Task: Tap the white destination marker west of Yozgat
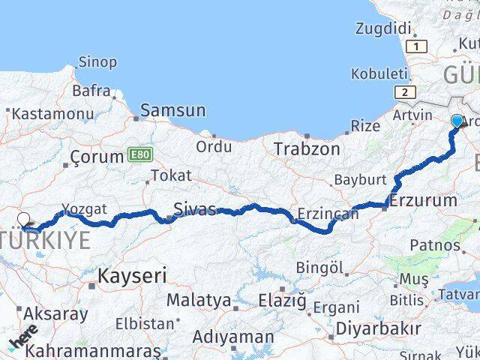[x=24, y=220]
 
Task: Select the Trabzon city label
[x=307, y=148]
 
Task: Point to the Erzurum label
[x=422, y=200]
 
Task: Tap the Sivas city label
[x=194, y=208]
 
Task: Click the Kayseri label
[x=132, y=275]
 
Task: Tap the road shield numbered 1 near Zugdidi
[x=418, y=46]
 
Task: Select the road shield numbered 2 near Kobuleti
[x=406, y=92]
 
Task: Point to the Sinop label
[x=97, y=62]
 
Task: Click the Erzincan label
[x=328, y=214]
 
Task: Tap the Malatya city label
[x=199, y=300]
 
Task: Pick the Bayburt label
[x=360, y=180]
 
